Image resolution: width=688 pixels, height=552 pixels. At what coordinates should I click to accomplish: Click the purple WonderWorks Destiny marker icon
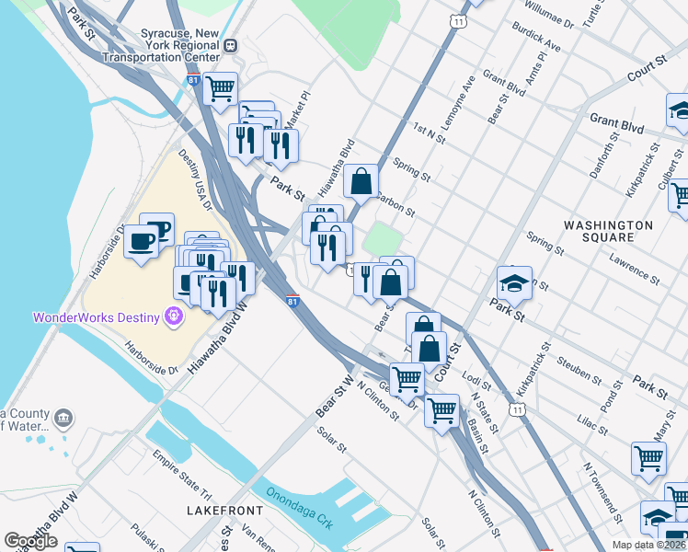(x=172, y=316)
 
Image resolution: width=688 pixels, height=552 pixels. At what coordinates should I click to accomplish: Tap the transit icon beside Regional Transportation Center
(x=230, y=45)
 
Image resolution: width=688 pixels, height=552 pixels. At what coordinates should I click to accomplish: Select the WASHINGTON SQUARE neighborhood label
(x=608, y=232)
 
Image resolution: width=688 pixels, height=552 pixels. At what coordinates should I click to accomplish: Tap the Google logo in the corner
(x=30, y=541)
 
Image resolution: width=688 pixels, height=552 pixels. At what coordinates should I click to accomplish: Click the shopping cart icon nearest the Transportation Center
(x=220, y=89)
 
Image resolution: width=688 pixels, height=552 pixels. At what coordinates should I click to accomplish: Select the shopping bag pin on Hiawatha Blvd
(x=361, y=180)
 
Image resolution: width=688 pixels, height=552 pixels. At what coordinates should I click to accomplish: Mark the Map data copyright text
(x=649, y=545)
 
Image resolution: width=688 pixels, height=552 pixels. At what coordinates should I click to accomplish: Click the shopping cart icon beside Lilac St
(x=648, y=457)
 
